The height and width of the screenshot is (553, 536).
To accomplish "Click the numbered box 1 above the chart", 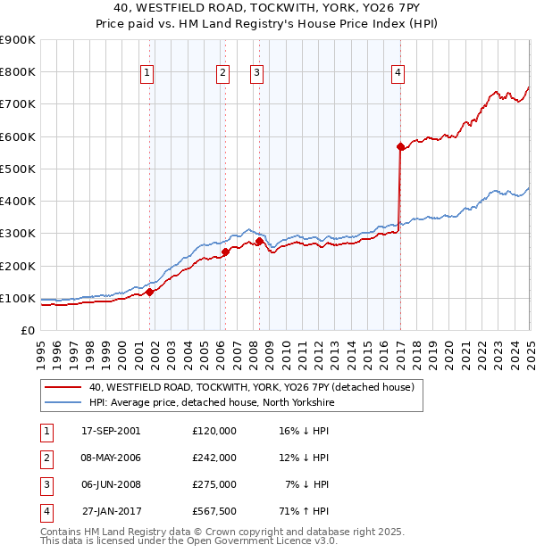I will tap(147, 74).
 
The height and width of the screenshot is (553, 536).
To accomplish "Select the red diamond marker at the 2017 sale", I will tap(400, 147).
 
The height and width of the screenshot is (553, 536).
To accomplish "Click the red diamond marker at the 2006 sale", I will tap(225, 252).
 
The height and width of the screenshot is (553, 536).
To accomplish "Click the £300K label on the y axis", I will tap(18, 234).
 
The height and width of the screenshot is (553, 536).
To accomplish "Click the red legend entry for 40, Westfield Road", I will tap(251, 388).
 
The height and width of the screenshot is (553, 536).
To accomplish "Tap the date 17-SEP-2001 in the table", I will tap(111, 430).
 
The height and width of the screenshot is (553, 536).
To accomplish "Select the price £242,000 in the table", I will tap(214, 458).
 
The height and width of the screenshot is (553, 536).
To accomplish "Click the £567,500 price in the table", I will tap(214, 511).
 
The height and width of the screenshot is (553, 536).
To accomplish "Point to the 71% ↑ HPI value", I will tap(305, 511).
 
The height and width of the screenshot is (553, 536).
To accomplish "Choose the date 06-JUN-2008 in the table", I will tap(111, 484).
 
